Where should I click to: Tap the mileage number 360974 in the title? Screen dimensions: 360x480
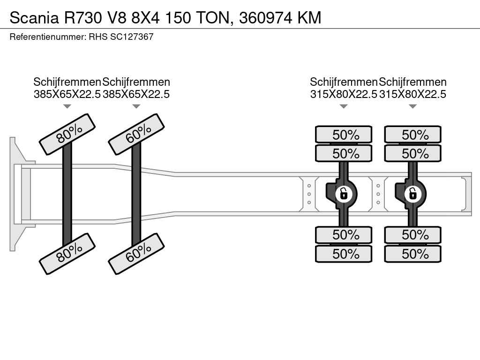pyautogui.click(x=267, y=18)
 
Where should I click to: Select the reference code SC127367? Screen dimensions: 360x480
pyautogui.click(x=132, y=37)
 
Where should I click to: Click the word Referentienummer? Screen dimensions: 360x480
pyautogui.click(x=47, y=37)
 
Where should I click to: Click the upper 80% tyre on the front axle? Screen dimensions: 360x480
pyautogui.click(x=67, y=134)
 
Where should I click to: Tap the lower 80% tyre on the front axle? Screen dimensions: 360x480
pyautogui.click(x=67, y=253)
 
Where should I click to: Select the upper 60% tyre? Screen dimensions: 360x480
pyautogui.click(x=136, y=134)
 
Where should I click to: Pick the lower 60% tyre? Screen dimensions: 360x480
pyautogui.click(x=136, y=253)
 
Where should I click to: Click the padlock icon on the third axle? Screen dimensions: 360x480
pyautogui.click(x=344, y=193)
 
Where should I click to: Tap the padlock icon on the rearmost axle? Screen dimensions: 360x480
pyautogui.click(x=413, y=193)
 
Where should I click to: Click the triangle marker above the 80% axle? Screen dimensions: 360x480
pyautogui.click(x=67, y=106)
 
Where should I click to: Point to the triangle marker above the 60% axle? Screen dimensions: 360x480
pyautogui.click(x=136, y=106)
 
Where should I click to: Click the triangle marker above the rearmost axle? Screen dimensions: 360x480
pyautogui.click(x=413, y=106)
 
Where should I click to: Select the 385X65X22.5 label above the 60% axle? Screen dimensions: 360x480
pyautogui.click(x=136, y=94)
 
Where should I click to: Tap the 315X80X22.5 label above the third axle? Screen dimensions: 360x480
pyautogui.click(x=344, y=94)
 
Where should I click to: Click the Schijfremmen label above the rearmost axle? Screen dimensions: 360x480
pyautogui.click(x=413, y=82)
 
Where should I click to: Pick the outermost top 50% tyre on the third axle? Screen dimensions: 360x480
pyautogui.click(x=344, y=135)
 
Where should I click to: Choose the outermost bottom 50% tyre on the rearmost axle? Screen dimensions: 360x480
pyautogui.click(x=413, y=254)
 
